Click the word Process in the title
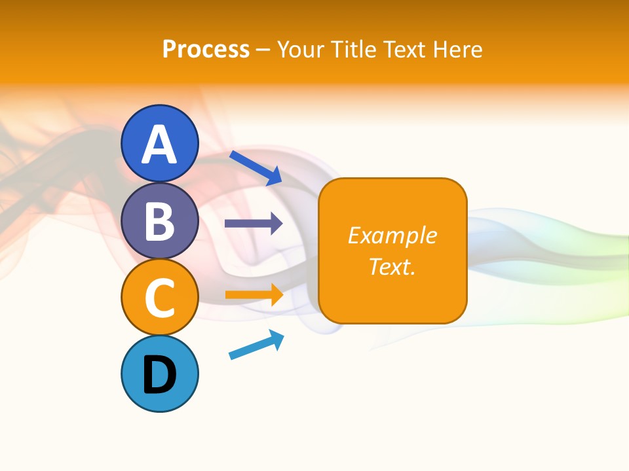point(206,49)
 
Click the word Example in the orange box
point(392,235)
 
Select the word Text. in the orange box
point(392,266)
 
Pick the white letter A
point(159,144)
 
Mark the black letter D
point(159,376)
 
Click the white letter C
point(159,298)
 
